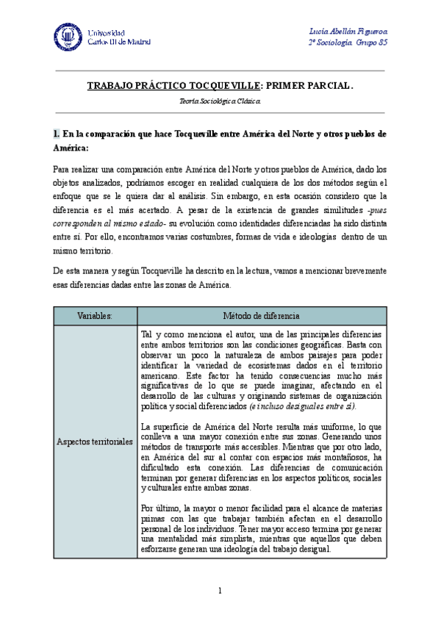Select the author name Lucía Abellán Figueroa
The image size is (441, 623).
pyautogui.click(x=350, y=30)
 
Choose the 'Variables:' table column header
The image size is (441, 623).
pyautogui.click(x=95, y=315)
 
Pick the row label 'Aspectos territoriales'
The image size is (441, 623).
pyautogui.click(x=95, y=442)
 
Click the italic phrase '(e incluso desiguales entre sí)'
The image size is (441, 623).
pyautogui.click(x=303, y=406)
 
